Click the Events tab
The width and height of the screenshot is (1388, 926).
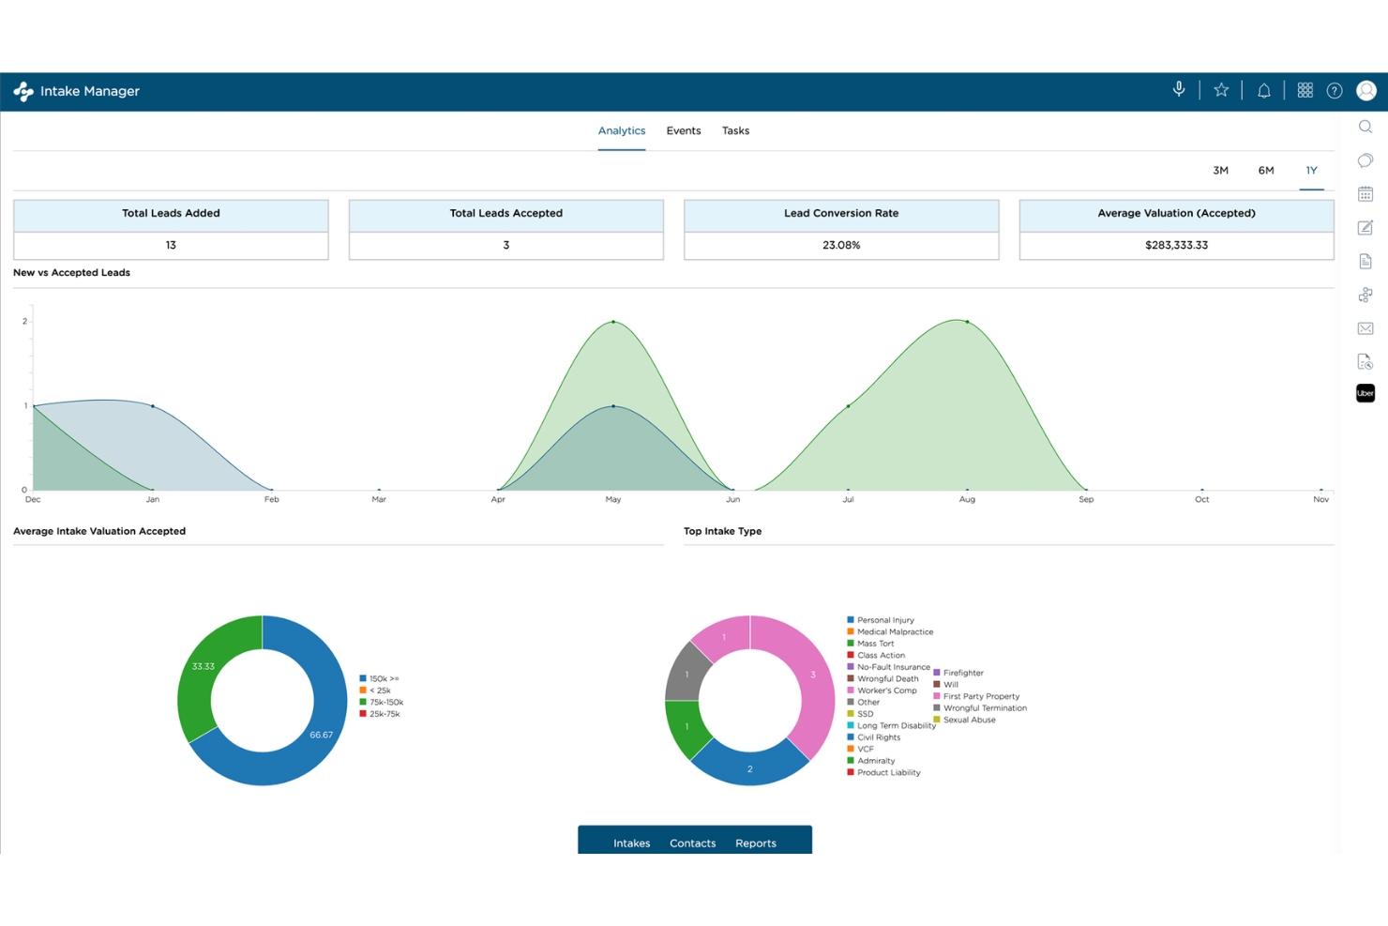683,130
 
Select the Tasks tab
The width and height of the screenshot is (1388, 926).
735,130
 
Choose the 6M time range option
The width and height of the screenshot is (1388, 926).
1265,171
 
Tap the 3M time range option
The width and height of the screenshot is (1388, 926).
1220,171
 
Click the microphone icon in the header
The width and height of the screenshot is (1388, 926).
1179,90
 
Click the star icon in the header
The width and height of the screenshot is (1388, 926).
1221,90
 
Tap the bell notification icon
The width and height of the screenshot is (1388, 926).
1264,91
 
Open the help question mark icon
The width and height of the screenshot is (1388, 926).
1335,91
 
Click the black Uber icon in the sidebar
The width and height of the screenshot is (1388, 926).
1365,393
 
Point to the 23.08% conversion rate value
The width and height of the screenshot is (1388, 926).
841,245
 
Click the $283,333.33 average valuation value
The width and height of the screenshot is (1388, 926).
1176,245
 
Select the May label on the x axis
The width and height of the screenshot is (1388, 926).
613,499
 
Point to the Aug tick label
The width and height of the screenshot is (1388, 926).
967,499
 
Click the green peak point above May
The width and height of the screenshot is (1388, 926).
613,322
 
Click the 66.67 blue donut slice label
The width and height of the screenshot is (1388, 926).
321,735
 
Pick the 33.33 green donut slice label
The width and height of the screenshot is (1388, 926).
204,666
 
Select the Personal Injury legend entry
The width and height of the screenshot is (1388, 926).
884,620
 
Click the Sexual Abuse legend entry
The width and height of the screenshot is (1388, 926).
969,720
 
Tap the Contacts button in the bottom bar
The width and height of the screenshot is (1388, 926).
692,843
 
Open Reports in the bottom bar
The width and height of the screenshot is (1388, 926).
755,843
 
